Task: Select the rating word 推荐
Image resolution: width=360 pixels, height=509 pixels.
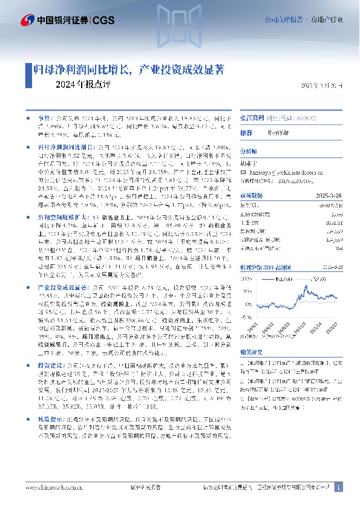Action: [x=246, y=132]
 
